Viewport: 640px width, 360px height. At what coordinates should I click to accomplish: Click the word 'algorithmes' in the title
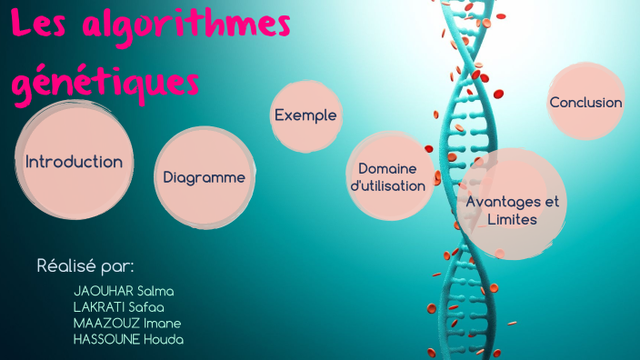[x=185, y=25]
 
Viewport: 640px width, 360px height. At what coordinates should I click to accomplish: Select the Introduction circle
[x=75, y=162]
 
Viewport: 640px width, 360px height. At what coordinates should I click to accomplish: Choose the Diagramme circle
[x=204, y=177]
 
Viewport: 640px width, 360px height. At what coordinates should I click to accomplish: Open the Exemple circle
[x=305, y=115]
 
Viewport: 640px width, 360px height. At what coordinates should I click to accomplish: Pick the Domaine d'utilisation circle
[x=387, y=177]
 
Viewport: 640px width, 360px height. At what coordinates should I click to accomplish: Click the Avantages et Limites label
[x=512, y=211]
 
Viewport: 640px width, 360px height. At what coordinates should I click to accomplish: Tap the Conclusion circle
[x=585, y=103]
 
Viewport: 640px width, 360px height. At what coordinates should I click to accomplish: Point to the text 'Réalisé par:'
[x=85, y=266]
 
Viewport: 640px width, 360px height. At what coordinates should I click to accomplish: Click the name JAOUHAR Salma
[x=124, y=291]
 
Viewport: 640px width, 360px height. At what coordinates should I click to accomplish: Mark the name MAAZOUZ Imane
[x=126, y=324]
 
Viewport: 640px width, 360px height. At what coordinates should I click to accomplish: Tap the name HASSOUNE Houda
[x=128, y=340]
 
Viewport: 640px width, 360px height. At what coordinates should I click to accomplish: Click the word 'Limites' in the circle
[x=512, y=220]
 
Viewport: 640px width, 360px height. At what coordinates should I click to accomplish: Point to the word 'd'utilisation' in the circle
[x=388, y=186]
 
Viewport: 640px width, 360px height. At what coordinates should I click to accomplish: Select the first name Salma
[x=155, y=291]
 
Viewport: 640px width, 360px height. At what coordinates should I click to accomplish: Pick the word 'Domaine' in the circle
[x=387, y=169]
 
